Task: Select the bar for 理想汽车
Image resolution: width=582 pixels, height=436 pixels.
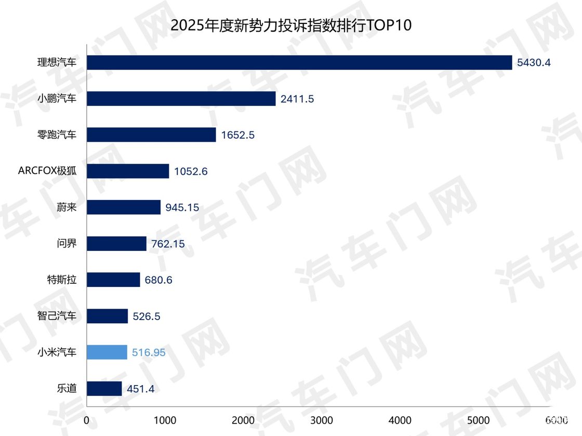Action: click(299, 62)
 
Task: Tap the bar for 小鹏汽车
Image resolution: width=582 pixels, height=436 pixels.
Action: click(181, 99)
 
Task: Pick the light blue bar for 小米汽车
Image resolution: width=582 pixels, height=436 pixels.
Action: click(107, 352)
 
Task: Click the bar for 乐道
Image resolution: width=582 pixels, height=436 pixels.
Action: click(104, 389)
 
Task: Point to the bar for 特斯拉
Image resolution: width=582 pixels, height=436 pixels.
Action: click(113, 280)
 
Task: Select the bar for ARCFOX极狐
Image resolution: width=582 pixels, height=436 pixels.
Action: click(128, 171)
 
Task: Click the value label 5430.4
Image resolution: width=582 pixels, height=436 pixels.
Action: click(534, 63)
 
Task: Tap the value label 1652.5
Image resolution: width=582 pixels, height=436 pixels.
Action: click(237, 135)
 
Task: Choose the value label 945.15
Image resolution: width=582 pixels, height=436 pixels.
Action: click(182, 207)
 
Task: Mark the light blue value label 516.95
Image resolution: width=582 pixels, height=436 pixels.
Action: click(149, 353)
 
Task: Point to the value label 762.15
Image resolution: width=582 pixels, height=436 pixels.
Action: click(168, 244)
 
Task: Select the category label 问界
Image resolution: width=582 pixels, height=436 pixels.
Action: click(67, 243)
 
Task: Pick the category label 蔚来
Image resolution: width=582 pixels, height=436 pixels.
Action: click(67, 207)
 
